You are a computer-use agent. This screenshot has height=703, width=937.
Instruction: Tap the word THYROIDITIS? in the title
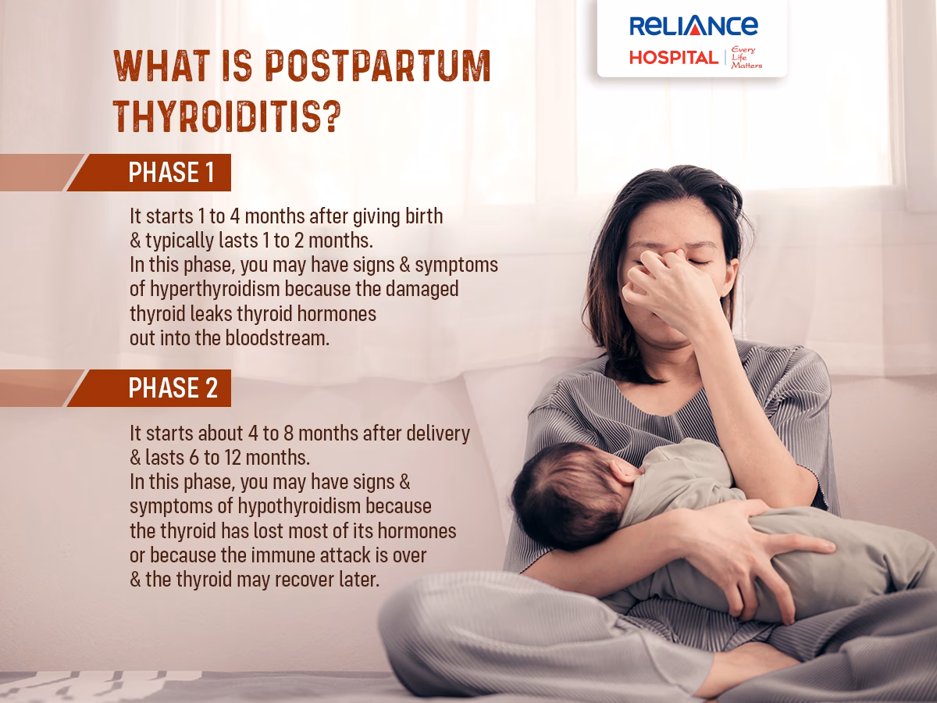[227, 117]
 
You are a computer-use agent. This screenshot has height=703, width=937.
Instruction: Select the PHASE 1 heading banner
[171, 173]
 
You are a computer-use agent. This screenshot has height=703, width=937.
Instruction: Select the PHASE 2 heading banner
[173, 388]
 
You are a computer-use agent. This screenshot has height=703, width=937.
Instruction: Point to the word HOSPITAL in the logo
[674, 57]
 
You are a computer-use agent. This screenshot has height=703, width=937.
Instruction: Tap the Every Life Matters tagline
[746, 57]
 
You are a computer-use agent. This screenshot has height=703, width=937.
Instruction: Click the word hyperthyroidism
[206, 289]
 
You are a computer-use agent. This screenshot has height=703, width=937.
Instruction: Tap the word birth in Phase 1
[423, 216]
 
